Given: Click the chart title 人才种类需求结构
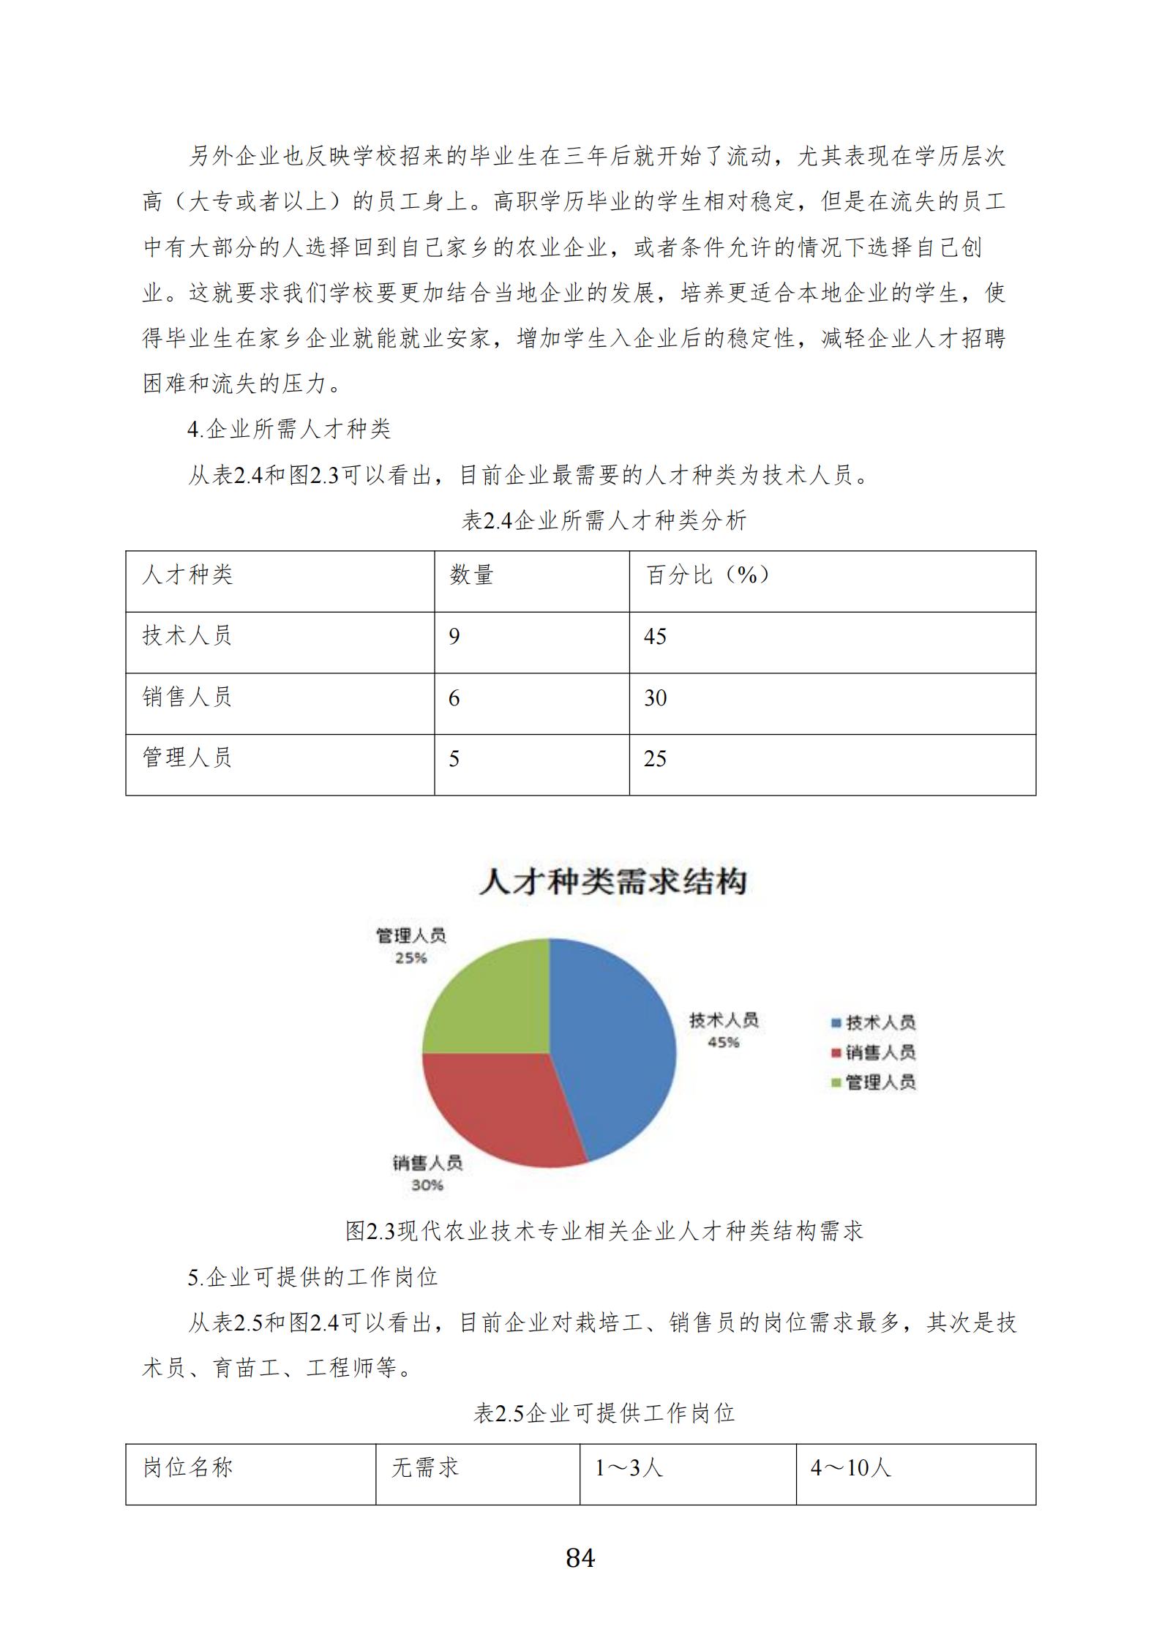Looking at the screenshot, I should tap(613, 881).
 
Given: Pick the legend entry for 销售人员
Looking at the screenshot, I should tap(874, 1052).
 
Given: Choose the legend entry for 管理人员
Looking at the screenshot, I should tap(874, 1082).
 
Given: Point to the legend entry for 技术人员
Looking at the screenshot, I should tap(874, 1022).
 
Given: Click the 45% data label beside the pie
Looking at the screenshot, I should tap(723, 1042).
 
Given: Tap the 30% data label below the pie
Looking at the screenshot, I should tap(427, 1185).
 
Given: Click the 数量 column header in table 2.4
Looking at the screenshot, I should tap(471, 575).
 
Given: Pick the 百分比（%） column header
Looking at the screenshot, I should tap(707, 575).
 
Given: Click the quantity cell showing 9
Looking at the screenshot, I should tap(454, 637).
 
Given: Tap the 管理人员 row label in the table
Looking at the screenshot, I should tap(187, 757).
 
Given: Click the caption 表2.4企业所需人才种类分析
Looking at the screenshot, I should tap(604, 520).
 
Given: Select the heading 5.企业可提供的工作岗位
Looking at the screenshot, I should tap(313, 1277).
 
